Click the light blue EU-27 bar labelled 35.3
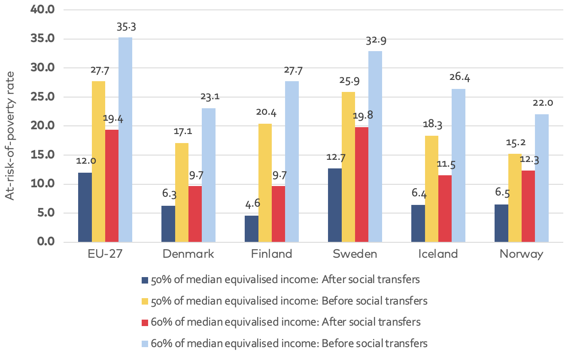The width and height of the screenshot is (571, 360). pyautogui.click(x=125, y=140)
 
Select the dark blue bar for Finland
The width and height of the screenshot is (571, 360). pyautogui.click(x=251, y=229)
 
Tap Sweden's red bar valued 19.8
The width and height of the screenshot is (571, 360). pyautogui.click(x=361, y=185)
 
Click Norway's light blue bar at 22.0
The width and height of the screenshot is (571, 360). pyautogui.click(x=542, y=178)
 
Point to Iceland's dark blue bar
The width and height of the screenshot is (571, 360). pyautogui.click(x=418, y=224)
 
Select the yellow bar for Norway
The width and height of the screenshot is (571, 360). pyautogui.click(x=515, y=198)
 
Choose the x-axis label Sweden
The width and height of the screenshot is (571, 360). pyautogui.click(x=355, y=254)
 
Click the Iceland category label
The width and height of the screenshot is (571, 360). pyautogui.click(x=438, y=254)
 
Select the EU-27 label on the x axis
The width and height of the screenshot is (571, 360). pyautogui.click(x=105, y=254)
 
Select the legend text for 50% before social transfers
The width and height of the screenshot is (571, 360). pyautogui.click(x=290, y=301)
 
